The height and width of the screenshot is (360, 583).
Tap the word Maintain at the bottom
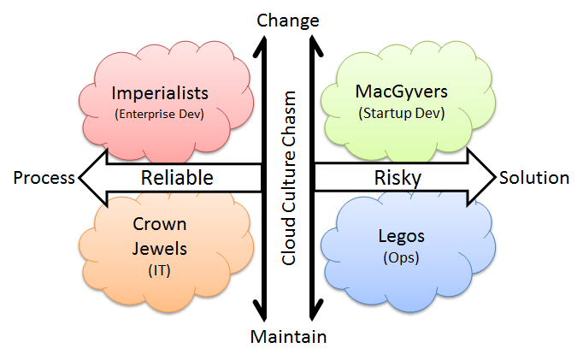[x=288, y=337]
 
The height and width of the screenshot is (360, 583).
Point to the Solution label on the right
[x=534, y=178]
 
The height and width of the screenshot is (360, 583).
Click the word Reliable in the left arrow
[x=177, y=178]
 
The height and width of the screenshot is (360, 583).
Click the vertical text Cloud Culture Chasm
[x=289, y=178]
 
